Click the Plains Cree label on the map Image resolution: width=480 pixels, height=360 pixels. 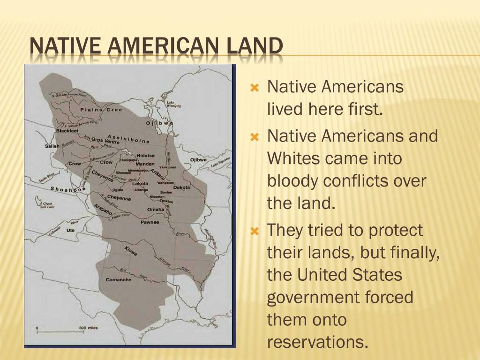(x=101, y=110)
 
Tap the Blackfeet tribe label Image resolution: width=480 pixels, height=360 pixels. (x=67, y=131)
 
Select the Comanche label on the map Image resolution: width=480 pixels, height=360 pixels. (x=119, y=280)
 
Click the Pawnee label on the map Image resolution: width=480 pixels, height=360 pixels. (x=150, y=222)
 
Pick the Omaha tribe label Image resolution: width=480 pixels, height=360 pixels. (x=156, y=209)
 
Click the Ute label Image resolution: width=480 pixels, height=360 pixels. (x=71, y=230)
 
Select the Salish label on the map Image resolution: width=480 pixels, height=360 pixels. (x=52, y=146)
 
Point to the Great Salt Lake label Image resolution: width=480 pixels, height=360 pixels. (x=47, y=205)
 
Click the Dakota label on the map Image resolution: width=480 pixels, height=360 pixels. (x=181, y=187)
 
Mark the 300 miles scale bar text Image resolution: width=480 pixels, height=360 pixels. (x=89, y=328)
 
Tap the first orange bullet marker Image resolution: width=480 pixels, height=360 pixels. (x=255, y=87)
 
